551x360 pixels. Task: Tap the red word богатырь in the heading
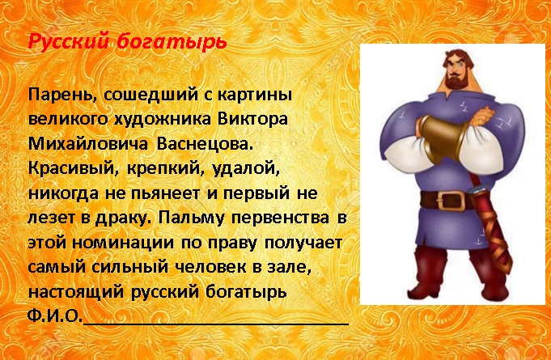[x=172, y=42]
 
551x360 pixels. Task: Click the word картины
[x=255, y=96]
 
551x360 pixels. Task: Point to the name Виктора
[x=252, y=120]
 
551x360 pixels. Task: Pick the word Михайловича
[x=87, y=144]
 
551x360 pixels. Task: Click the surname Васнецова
[x=205, y=144]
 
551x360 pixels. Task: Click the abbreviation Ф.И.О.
[x=55, y=316]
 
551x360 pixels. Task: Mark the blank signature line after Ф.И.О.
[x=216, y=324]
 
